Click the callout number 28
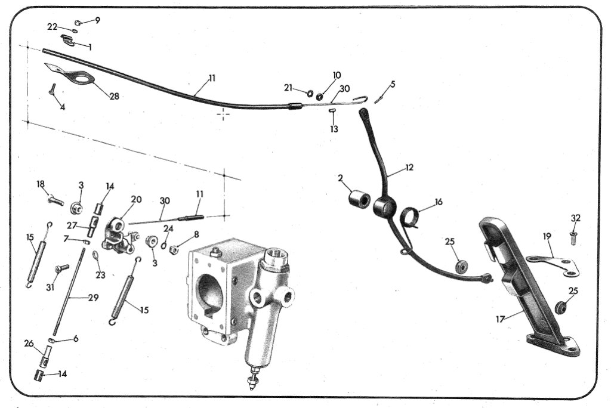tap(114, 96)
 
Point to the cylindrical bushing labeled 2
tap(359, 199)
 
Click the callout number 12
tap(409, 168)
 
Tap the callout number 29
tap(93, 297)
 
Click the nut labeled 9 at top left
tap(77, 23)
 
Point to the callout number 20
tap(136, 199)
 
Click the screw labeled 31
tap(61, 268)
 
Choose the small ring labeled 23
tap(95, 255)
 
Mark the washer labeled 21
tap(310, 93)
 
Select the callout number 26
tap(29, 344)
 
